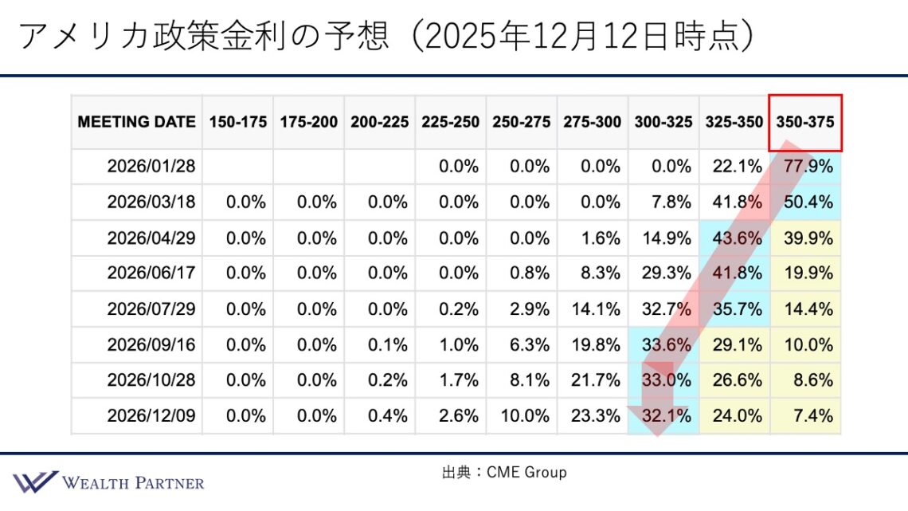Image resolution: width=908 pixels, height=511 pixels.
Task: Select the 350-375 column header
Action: [x=805, y=122]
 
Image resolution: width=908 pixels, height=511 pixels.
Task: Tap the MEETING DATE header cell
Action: [x=136, y=122]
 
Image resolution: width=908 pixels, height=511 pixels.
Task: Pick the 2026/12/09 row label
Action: [x=151, y=415]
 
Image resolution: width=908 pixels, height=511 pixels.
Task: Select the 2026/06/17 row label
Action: [x=151, y=273]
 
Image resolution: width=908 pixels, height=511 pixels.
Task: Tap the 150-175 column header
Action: [x=237, y=122]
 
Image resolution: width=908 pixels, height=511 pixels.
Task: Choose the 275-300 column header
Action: [x=592, y=122]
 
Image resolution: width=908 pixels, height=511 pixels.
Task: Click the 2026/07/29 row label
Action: [x=151, y=309]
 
